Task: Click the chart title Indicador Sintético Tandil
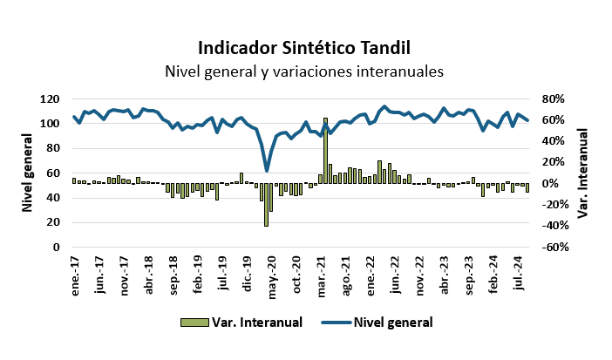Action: [x=303, y=47]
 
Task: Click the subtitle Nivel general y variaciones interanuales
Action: [x=303, y=71]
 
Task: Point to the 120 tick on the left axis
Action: [x=51, y=99]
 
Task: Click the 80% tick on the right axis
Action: [x=555, y=99]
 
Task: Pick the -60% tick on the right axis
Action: [x=554, y=247]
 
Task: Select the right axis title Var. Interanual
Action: [x=586, y=173]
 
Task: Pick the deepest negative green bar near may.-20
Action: [x=266, y=205]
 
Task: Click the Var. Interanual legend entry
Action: [x=241, y=322]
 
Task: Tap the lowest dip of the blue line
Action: [x=267, y=170]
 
